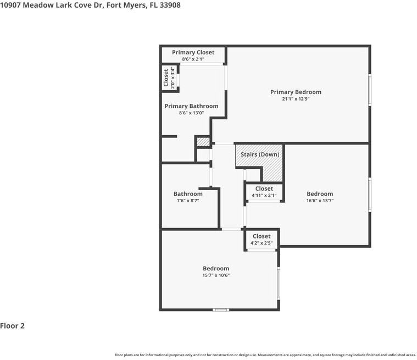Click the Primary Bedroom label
point(296,92)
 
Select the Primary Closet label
point(193,52)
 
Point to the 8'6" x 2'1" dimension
point(193,59)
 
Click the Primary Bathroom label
point(191,106)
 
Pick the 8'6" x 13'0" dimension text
point(191,113)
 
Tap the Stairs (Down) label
point(260,154)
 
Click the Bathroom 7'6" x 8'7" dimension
point(188,201)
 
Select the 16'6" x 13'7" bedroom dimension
point(320,201)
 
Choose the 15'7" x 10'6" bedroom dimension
point(216,275)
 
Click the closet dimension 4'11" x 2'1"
point(264,195)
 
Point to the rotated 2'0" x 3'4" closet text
point(173,77)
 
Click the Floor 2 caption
point(13,325)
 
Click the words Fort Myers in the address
point(125,5)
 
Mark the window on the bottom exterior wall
point(221,310)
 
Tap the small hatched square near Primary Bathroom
point(203,142)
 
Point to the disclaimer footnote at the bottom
point(265,355)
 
